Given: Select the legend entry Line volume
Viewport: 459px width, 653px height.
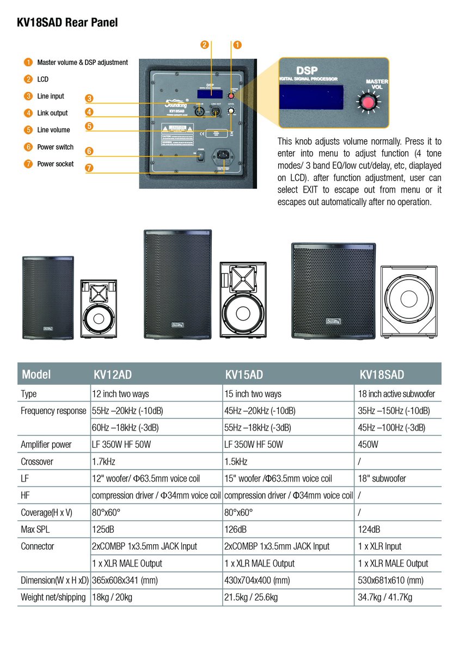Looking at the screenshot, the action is point(53,130).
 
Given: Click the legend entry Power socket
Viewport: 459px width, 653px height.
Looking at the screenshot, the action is point(55,164).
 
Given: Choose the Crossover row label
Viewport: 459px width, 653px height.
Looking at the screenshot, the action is point(37,461).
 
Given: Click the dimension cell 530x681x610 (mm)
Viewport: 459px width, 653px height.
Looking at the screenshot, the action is point(390,580).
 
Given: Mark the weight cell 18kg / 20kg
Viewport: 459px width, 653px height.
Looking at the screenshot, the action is point(112,597).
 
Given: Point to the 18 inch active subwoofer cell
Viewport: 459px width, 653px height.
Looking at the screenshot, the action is point(396,393).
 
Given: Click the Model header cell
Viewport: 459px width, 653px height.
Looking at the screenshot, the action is point(36,374).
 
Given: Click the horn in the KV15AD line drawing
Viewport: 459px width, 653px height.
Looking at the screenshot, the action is point(243,278).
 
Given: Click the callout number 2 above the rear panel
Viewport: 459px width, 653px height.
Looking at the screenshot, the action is point(205,45).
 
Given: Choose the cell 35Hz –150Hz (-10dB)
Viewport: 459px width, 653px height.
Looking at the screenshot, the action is point(394,410).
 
